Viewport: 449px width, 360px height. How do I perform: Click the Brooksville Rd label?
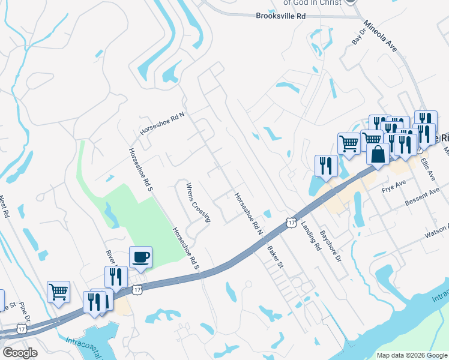281,17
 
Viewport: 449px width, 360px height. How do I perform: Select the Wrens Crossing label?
197,202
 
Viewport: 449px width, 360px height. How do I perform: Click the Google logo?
20,353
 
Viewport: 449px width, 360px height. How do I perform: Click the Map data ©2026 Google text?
412,355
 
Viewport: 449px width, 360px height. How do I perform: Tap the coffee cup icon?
141,257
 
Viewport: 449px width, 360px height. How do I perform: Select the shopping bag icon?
378,154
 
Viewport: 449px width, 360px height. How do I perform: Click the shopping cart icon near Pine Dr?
59,292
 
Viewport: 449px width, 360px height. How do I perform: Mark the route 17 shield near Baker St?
291,222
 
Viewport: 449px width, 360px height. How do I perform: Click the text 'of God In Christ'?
312,2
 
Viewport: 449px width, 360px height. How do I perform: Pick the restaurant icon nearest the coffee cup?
116,277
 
